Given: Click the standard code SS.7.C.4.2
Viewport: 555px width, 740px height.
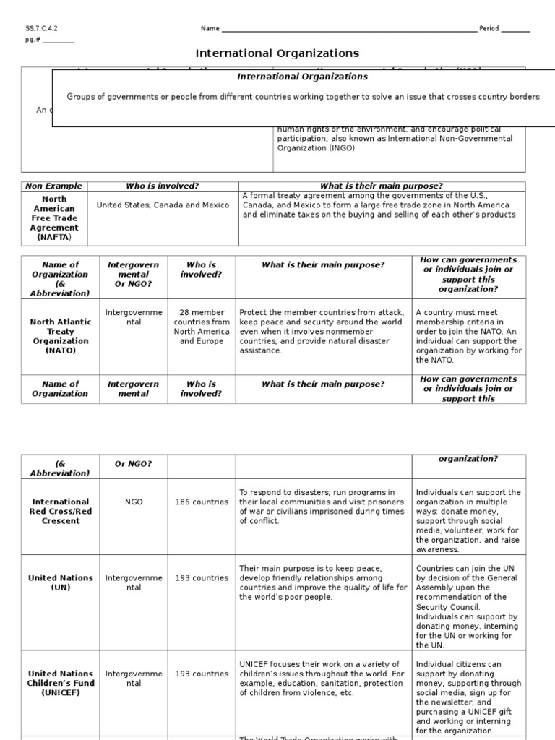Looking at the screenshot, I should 41,29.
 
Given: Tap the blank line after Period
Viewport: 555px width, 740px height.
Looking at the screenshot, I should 515,30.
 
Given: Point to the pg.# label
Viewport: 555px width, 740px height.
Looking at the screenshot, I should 33,40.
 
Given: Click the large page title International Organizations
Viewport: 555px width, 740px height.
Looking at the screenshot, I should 277,53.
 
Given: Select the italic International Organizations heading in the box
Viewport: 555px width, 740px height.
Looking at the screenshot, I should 303,77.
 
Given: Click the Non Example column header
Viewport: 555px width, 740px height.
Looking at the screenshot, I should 53,186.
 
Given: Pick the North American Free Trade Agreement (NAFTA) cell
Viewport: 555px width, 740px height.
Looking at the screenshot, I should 53,218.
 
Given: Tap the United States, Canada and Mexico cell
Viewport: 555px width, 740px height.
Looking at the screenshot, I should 163,205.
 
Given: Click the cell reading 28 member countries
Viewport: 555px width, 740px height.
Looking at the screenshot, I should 202,327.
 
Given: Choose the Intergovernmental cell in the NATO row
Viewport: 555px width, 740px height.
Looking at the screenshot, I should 134,317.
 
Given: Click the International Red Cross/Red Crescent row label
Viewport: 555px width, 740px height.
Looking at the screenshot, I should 60,511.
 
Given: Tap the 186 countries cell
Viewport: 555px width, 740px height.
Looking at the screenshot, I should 202,502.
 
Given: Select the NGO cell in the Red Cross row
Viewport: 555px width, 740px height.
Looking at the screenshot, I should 134,502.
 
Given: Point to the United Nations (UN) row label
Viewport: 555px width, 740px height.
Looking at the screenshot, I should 60,582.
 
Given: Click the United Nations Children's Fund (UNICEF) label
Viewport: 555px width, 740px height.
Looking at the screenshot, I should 60,683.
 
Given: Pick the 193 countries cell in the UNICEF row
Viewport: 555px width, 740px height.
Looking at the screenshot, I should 202,674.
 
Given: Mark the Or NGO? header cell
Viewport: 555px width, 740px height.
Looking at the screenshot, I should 134,463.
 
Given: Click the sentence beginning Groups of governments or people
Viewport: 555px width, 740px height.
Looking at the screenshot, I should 303,97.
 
